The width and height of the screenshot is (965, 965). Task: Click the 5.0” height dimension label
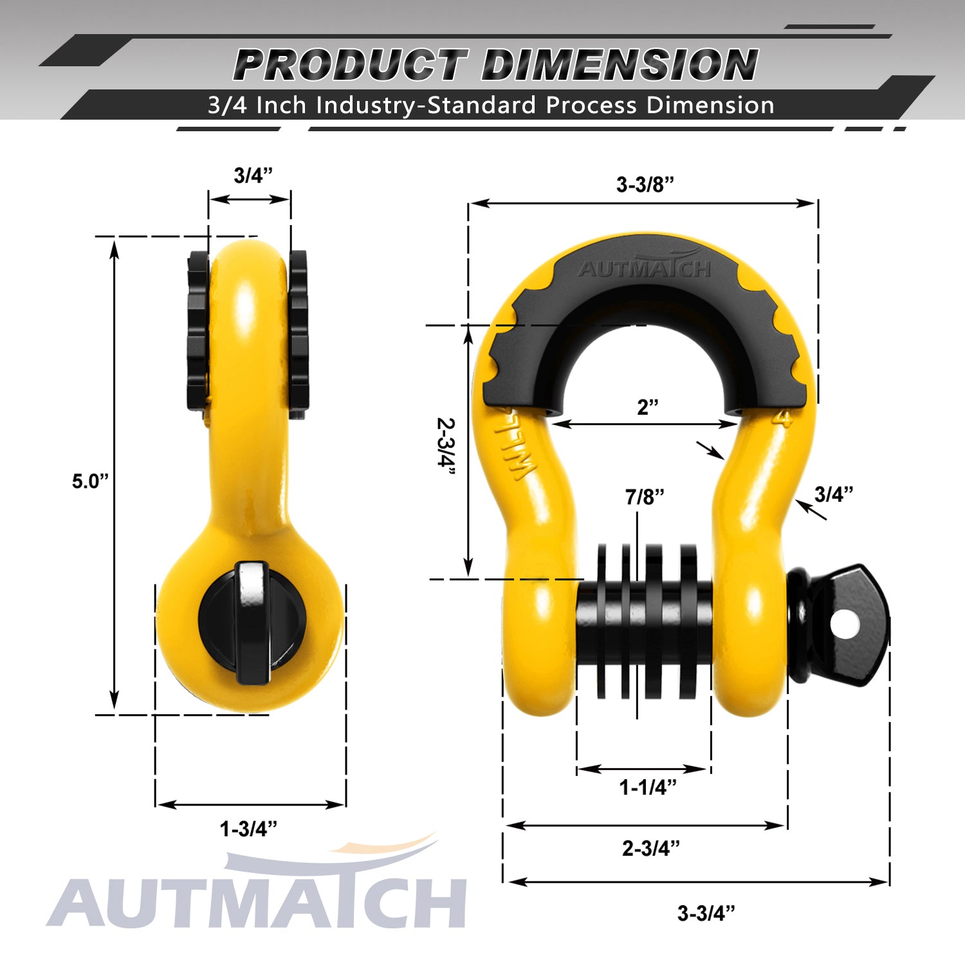(x=91, y=481)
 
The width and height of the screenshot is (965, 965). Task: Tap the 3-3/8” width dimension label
(x=645, y=185)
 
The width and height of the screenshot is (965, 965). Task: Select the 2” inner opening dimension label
(x=648, y=407)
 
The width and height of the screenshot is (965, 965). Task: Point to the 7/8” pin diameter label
(x=645, y=497)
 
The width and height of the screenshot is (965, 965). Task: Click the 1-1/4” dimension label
(x=648, y=787)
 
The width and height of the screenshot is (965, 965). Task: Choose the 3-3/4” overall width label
(x=706, y=913)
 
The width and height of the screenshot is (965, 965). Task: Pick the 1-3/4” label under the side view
(x=249, y=829)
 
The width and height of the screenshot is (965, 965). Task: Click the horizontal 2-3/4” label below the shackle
(x=650, y=848)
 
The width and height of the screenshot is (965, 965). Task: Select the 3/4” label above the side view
(x=253, y=175)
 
